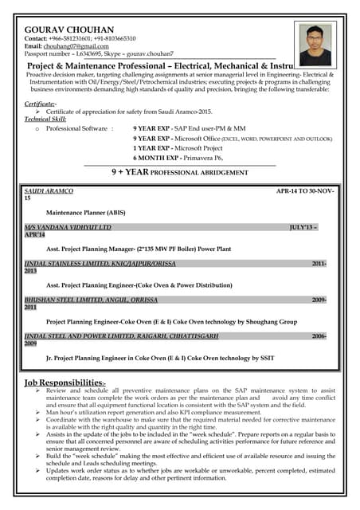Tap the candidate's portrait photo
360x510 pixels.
coord(315,44)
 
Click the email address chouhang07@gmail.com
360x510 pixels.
coord(84,45)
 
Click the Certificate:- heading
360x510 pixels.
coord(40,104)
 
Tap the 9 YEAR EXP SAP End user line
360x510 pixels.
coord(190,127)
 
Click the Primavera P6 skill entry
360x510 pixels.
coord(166,158)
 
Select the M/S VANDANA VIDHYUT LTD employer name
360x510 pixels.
coord(68,228)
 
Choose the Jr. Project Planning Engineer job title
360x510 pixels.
coord(159,357)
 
